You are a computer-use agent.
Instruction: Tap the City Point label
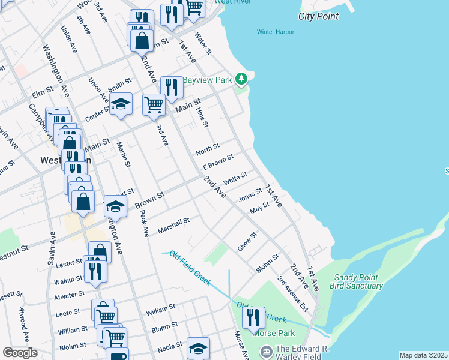319,16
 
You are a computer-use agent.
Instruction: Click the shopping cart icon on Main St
154,104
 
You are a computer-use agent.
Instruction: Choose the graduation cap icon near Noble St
198,347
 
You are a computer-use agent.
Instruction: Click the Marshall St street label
173,226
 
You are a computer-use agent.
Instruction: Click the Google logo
20,353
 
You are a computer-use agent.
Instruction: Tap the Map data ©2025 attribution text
424,355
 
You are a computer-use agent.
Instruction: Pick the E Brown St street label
217,163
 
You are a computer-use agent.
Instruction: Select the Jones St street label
250,195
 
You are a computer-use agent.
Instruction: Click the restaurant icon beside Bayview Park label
172,87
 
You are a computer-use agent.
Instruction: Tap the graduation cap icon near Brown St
115,206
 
